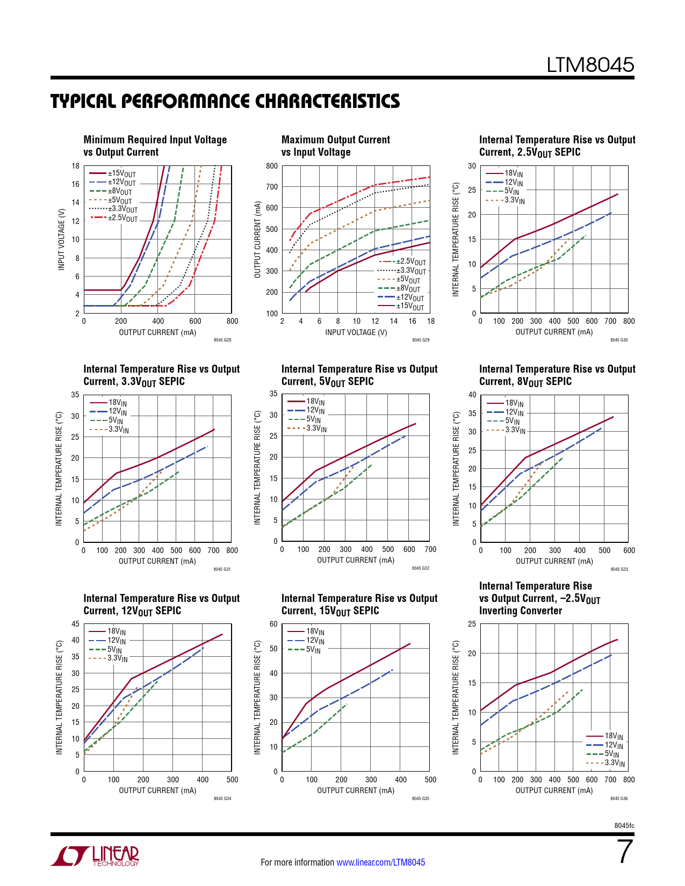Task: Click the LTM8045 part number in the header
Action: coord(590,65)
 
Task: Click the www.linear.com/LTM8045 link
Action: coord(380,862)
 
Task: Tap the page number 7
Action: coord(625,852)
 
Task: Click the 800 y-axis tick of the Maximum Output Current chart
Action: coord(272,166)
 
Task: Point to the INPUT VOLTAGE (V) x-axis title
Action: coord(356,332)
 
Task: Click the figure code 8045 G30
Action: coord(618,340)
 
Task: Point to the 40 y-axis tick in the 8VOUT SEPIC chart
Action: coord(472,395)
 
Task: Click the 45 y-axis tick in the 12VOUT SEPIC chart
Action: coord(75,624)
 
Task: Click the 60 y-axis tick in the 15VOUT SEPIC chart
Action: coord(273,624)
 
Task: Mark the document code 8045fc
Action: coord(624,825)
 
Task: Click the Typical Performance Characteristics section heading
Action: coord(225,101)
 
